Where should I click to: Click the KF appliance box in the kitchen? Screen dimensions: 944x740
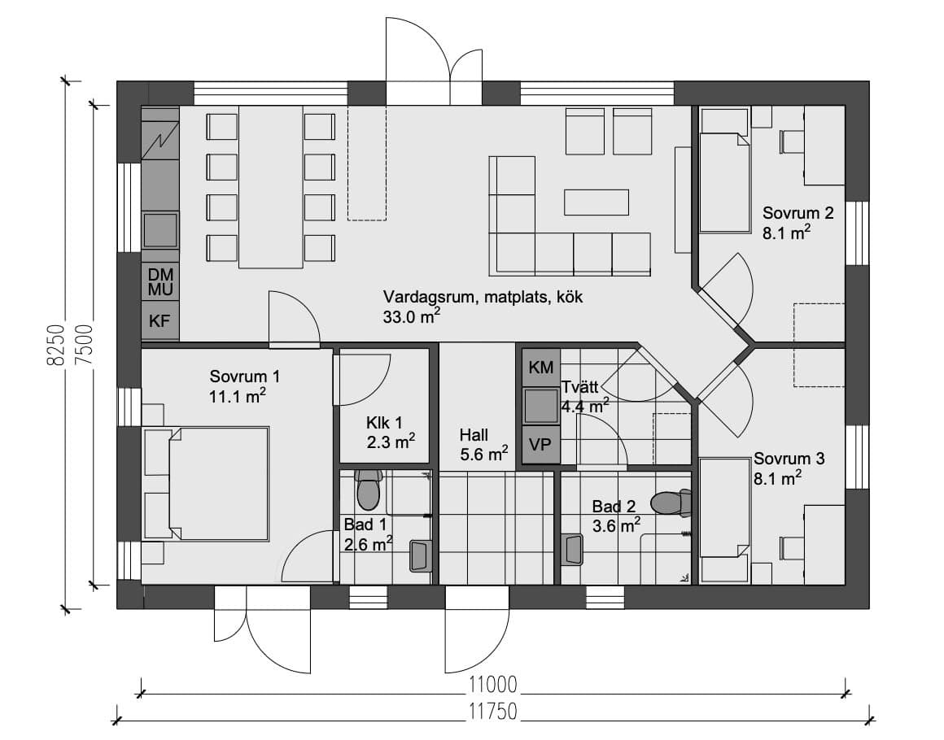click(160, 320)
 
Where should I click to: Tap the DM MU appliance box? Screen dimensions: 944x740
click(160, 281)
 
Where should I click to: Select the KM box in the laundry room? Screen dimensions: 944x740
click(540, 367)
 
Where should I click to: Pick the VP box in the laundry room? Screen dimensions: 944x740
click(540, 445)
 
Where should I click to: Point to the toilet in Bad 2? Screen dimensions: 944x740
click(671, 503)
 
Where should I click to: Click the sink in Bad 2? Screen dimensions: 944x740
click(571, 549)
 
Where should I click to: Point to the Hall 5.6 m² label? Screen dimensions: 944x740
click(483, 444)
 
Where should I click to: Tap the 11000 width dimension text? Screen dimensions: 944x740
click(493, 685)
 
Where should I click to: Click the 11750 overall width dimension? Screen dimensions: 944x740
click(493, 711)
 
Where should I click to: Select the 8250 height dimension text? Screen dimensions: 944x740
click(55, 346)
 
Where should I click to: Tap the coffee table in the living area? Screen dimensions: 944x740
click(596, 202)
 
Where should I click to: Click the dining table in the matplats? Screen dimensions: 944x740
click(270, 187)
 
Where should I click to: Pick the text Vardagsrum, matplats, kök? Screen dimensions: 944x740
click(483, 297)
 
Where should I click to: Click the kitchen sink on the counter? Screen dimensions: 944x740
click(161, 229)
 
